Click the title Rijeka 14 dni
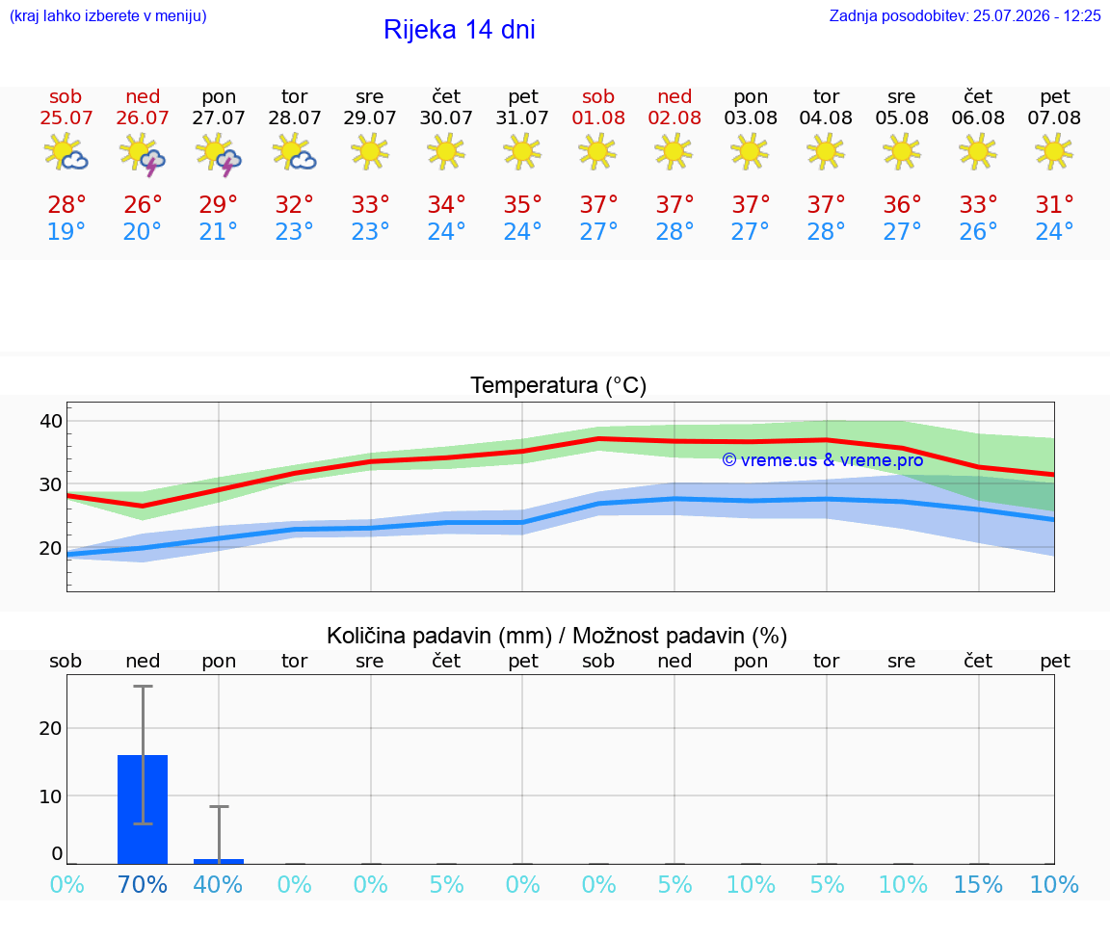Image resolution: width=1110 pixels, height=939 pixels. [460, 30]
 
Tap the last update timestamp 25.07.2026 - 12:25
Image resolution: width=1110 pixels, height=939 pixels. [1037, 15]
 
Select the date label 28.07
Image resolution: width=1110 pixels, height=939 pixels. [295, 117]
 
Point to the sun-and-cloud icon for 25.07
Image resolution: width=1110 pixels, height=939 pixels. [66, 151]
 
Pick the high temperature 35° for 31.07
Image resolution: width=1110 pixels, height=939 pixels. [522, 204]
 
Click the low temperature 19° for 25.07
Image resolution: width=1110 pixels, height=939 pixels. [66, 231]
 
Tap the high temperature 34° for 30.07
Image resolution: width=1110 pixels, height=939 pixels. [446, 204]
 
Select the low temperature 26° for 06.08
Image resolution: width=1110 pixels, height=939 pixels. [978, 231]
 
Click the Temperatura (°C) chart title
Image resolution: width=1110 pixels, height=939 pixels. [559, 385]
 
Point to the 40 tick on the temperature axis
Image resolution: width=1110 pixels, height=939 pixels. [51, 421]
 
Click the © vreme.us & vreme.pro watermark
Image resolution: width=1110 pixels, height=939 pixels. [823, 460]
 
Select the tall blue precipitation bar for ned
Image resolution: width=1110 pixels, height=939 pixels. [143, 810]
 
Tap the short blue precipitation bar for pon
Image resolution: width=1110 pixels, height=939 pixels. [219, 861]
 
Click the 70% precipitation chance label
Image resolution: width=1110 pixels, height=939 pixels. [143, 884]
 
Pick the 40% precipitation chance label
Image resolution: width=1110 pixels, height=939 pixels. [218, 884]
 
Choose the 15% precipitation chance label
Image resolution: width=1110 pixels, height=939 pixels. [978, 884]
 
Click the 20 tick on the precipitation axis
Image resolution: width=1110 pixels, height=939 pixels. [51, 728]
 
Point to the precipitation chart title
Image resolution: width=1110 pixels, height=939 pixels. [557, 636]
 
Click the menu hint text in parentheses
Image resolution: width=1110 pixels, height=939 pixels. [108, 15]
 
